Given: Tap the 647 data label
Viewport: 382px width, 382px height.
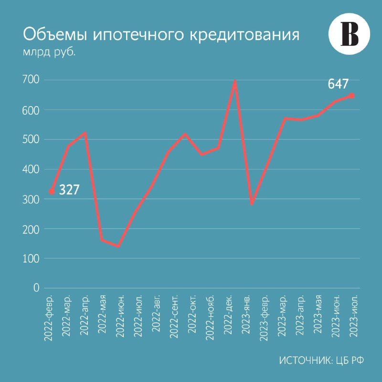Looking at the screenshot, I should (x=338, y=85).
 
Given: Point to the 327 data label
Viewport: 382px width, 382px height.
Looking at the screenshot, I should (x=69, y=190).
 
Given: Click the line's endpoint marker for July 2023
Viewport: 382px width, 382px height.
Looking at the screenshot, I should (x=352, y=96).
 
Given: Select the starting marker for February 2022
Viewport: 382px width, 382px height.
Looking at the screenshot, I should (x=52, y=192).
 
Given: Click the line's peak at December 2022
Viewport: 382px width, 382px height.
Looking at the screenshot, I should (x=235, y=81).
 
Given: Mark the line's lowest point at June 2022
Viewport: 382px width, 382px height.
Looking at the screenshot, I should (x=118, y=246).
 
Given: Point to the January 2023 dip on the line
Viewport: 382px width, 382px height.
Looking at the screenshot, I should (x=252, y=203).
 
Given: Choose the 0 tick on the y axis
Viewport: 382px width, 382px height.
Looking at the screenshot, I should (x=36, y=288).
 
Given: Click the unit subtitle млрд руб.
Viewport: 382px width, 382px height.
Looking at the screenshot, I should (x=49, y=53).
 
